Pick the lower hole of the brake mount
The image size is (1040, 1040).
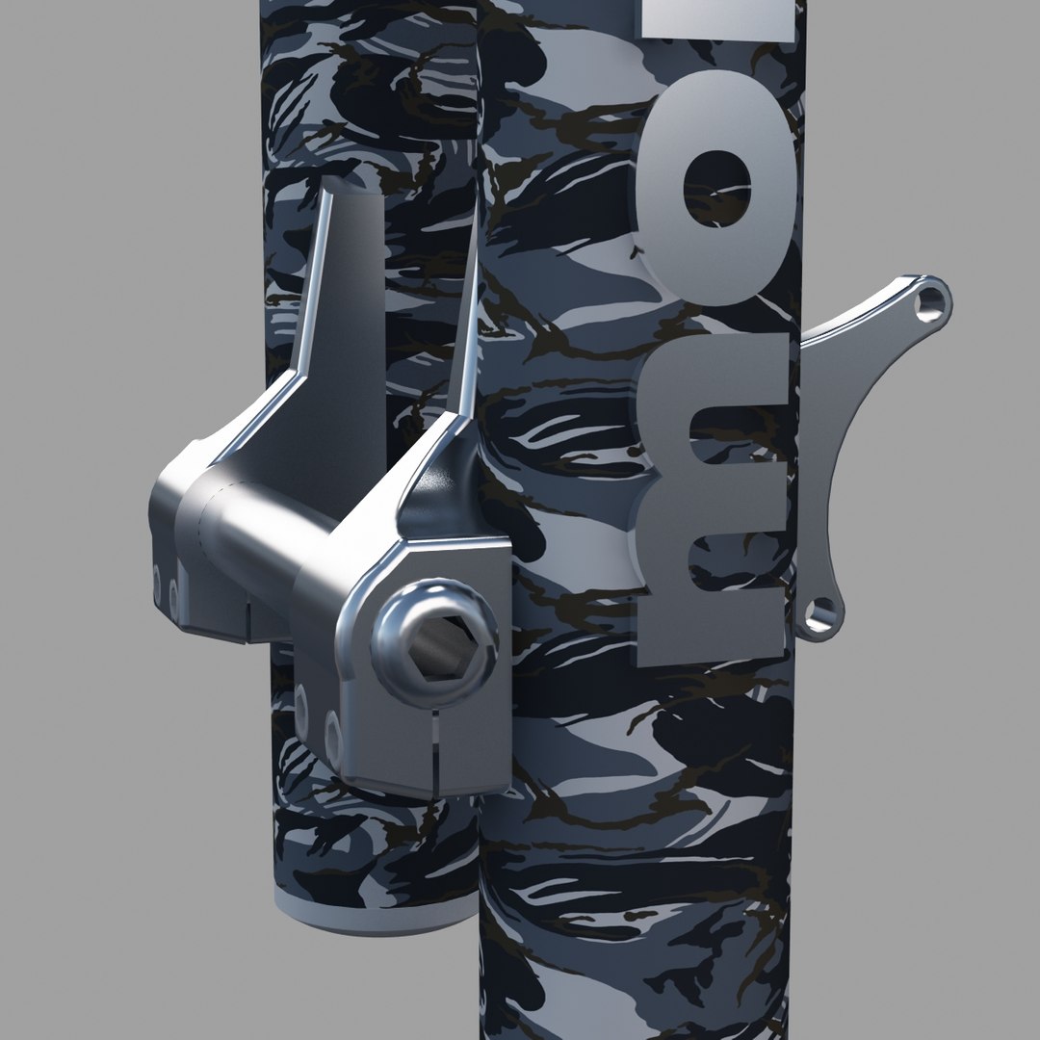[x=820, y=613]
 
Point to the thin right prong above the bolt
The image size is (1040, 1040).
[x=467, y=327]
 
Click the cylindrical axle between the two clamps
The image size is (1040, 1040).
[x=260, y=539]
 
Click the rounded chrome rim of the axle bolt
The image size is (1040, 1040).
[x=395, y=626]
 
